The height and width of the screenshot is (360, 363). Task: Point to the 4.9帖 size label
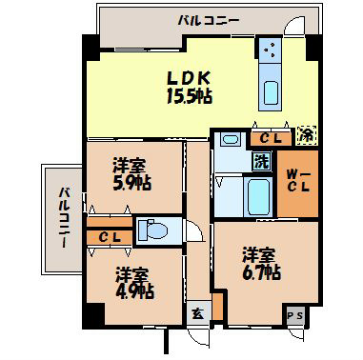tap(131, 291)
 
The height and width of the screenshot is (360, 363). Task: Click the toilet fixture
tap(152, 230)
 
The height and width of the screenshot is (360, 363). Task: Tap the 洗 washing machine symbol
tap(260, 161)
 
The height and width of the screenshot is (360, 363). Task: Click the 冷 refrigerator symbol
tap(308, 135)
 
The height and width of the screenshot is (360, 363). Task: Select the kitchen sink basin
tap(270, 94)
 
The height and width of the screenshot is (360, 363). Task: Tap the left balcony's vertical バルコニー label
tap(64, 218)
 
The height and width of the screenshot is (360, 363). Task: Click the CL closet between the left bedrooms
tap(108, 235)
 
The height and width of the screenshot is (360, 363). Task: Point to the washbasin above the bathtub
tap(229, 141)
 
